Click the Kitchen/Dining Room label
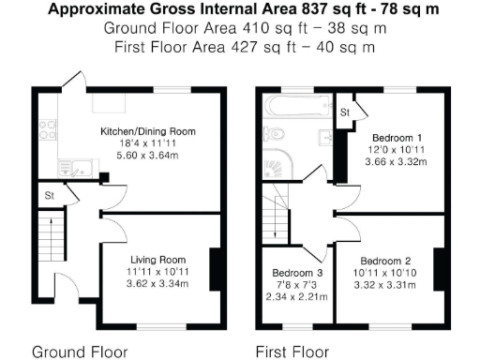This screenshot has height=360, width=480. [148, 131]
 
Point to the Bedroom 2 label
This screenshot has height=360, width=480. [385, 260]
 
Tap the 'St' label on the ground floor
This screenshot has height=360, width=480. [48, 196]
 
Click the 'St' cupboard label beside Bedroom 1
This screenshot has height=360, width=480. [345, 112]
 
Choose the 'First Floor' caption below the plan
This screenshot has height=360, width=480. [292, 352]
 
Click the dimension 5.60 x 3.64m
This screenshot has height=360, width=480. [148, 157]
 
